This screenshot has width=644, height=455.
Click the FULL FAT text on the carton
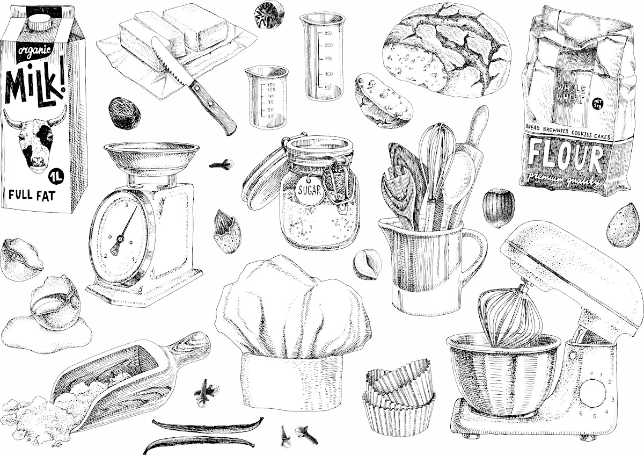point(32,195)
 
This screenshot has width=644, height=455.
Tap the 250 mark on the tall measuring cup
point(328,33)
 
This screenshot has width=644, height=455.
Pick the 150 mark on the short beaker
point(271,85)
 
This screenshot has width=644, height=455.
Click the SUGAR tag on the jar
point(309,190)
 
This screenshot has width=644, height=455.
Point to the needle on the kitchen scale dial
point(123,230)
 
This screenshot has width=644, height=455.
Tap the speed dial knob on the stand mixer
point(592,393)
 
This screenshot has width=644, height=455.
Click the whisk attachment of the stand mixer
point(510,316)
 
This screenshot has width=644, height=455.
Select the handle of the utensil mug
point(473,253)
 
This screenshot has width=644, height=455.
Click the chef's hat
point(292,331)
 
